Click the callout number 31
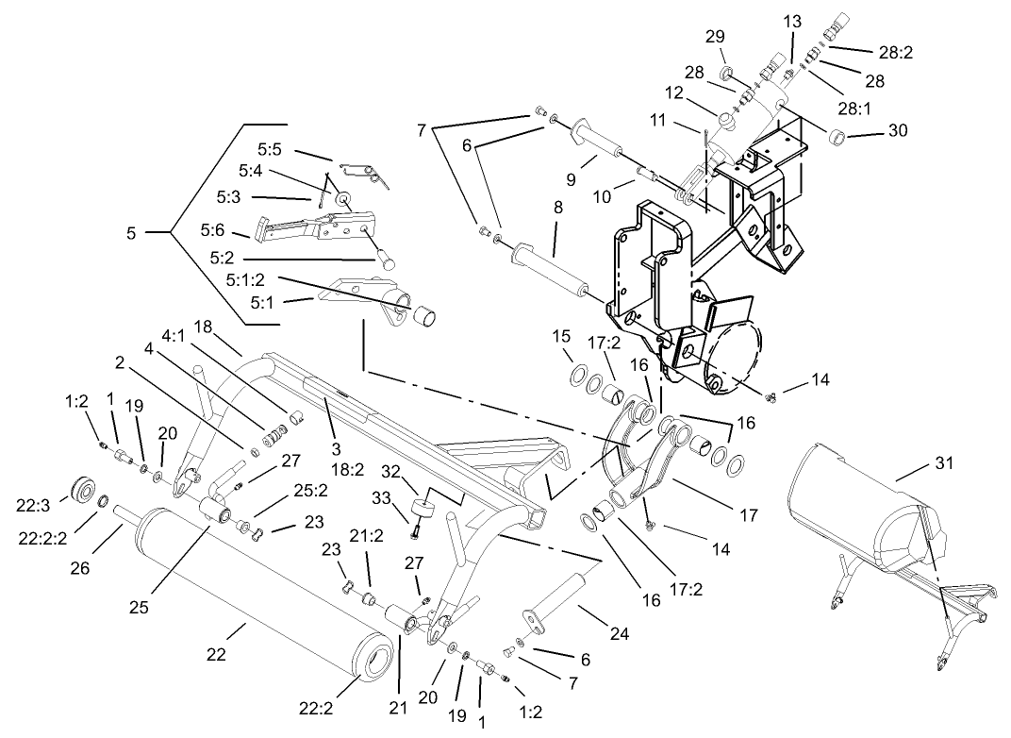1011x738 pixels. (944, 462)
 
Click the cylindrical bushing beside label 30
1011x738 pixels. (836, 140)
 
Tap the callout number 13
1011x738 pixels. (792, 22)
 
